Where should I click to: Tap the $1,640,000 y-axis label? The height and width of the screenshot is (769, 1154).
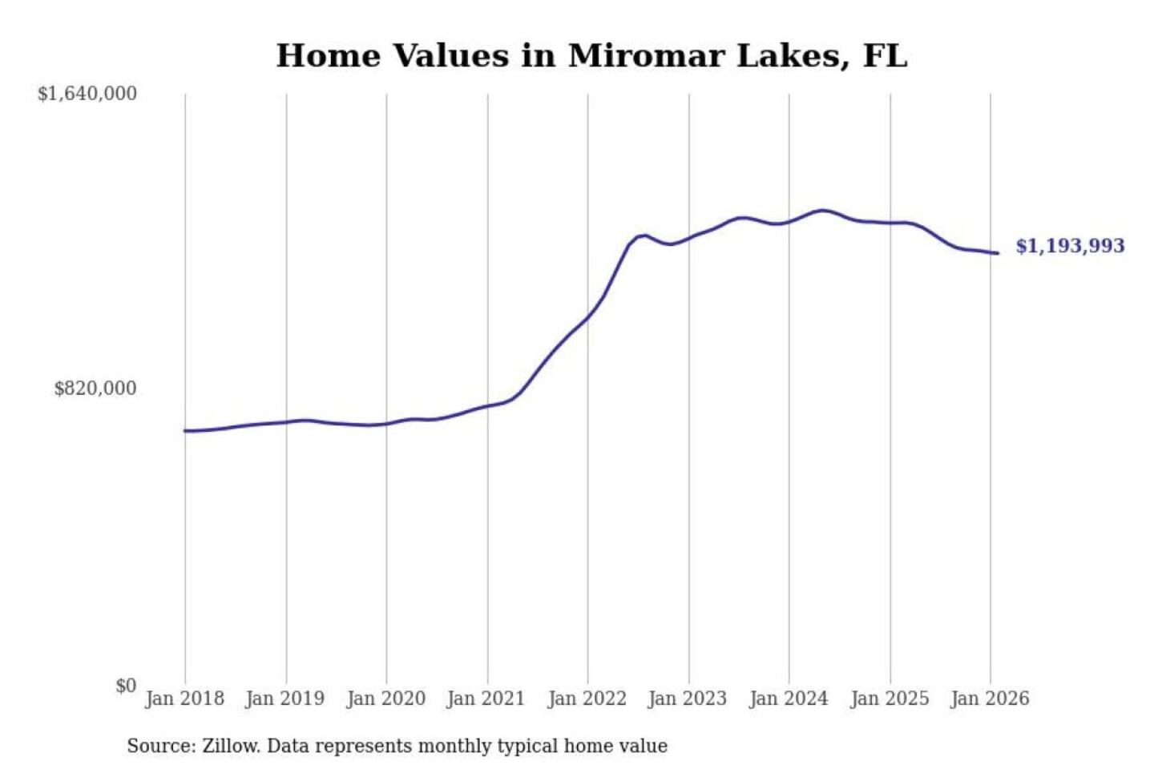pos(87,94)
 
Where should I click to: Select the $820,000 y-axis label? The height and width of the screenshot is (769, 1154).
pos(95,389)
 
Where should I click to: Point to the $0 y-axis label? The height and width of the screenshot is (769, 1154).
pos(126,686)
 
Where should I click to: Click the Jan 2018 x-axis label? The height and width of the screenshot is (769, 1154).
pos(184,699)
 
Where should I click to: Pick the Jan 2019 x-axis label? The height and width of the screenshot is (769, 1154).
pos(284,699)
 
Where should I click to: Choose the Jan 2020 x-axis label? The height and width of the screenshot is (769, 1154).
pos(385,699)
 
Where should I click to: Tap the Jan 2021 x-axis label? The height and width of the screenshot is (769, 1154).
pos(486,699)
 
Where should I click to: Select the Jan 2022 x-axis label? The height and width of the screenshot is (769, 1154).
pos(587,699)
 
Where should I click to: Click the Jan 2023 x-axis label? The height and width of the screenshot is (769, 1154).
pos(687,699)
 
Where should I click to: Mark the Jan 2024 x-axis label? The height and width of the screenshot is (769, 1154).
pos(788,699)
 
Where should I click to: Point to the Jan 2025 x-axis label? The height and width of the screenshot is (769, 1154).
pos(889,699)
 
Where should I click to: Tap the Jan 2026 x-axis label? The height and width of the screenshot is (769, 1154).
pos(989,699)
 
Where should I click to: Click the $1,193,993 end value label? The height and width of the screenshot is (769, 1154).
pos(1070,246)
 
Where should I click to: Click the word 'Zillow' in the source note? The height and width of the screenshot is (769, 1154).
pos(230,747)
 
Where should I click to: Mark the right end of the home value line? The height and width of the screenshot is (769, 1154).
pos(997,253)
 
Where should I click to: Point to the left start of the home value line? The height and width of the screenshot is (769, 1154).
pos(185,431)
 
